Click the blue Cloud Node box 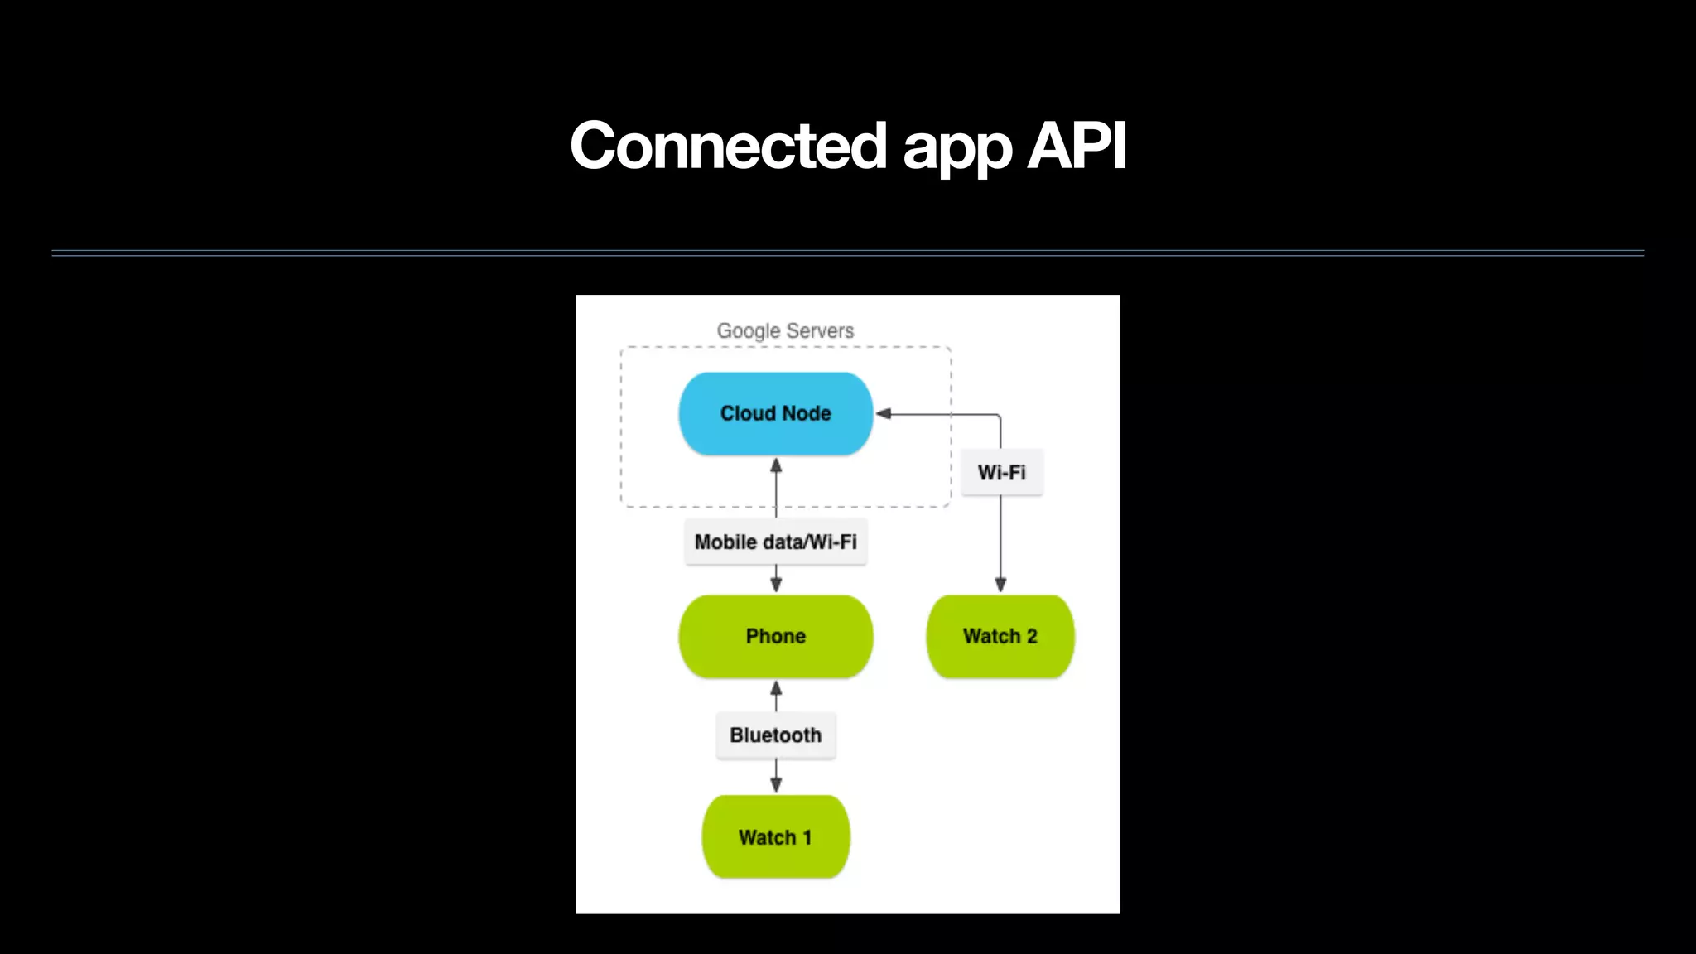tap(775, 413)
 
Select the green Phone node tap(775, 636)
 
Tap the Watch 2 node tap(1000, 636)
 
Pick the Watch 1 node tap(775, 836)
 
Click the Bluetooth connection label tap(775, 735)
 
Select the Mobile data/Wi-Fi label tap(775, 542)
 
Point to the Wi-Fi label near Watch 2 tap(1001, 473)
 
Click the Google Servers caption tap(785, 330)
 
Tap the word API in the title tap(1077, 146)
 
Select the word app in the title tap(957, 149)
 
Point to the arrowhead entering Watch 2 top tap(1000, 585)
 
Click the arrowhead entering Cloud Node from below tap(776, 465)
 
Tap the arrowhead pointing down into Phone tap(776, 584)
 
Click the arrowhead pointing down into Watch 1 tap(776, 784)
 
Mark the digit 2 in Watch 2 tap(1032, 636)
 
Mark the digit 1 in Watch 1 tap(807, 837)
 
